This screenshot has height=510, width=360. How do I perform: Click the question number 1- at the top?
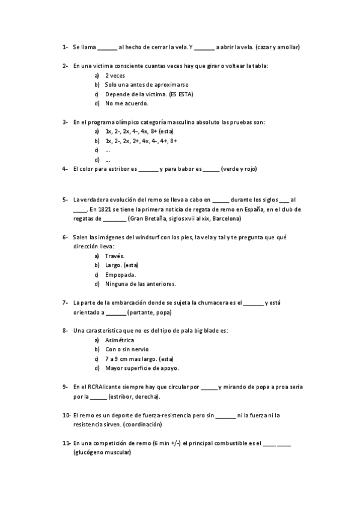[64, 47]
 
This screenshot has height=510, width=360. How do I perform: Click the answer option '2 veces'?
[115, 76]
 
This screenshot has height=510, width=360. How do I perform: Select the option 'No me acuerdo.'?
[126, 103]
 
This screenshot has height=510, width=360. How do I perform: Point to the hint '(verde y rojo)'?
[239, 169]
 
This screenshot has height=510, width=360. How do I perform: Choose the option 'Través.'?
[114, 256]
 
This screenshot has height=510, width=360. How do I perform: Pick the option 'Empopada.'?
[120, 274]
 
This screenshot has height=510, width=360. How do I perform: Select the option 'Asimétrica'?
[120, 340]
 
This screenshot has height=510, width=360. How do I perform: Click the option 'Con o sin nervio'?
[127, 349]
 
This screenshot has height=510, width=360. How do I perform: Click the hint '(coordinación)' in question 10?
[142, 425]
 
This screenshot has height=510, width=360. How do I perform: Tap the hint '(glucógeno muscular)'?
[102, 453]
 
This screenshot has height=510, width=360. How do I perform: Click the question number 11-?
[66, 443]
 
